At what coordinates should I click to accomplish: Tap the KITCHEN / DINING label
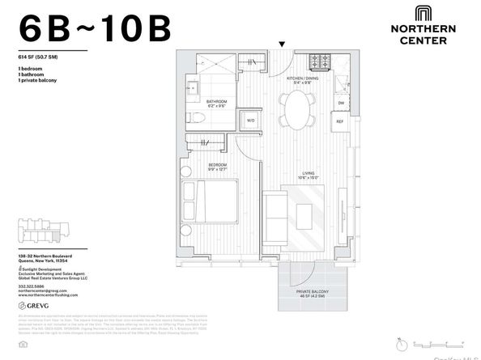point(302,79)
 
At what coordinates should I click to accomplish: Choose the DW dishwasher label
point(341,103)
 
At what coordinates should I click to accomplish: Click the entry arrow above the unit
point(282,44)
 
